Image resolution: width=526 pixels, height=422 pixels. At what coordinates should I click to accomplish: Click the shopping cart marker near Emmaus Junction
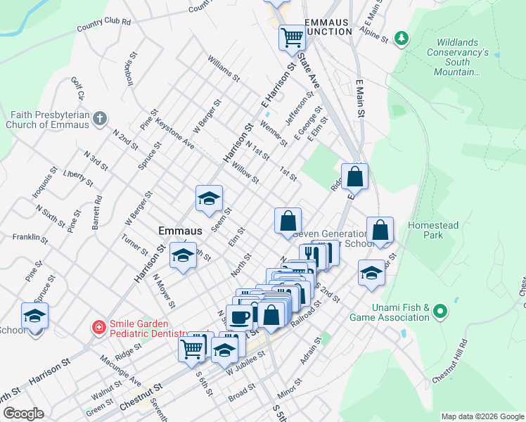point(292,37)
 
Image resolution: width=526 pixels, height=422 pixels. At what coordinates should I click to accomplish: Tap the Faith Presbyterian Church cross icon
point(100,117)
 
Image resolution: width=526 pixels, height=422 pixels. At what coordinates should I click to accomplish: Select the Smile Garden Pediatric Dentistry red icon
point(99,328)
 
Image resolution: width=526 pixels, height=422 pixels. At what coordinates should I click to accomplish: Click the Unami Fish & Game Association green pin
point(440,310)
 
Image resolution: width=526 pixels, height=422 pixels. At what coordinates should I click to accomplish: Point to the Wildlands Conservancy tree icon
point(401,37)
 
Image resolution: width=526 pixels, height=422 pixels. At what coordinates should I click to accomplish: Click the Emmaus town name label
point(180,231)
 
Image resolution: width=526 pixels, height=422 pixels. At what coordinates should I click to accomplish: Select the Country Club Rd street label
point(104,26)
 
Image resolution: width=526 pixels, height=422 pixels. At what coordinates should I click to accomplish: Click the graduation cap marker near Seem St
point(209,200)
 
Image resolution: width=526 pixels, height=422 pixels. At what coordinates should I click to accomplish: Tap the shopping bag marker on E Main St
point(355,177)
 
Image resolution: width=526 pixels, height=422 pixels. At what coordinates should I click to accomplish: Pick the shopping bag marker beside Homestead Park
point(380,231)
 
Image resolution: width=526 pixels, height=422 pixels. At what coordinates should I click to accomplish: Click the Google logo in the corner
point(23,414)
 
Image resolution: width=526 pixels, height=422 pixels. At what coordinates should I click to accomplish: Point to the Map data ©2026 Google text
point(482,416)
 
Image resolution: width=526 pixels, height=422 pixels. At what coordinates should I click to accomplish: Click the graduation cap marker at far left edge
point(34,317)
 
